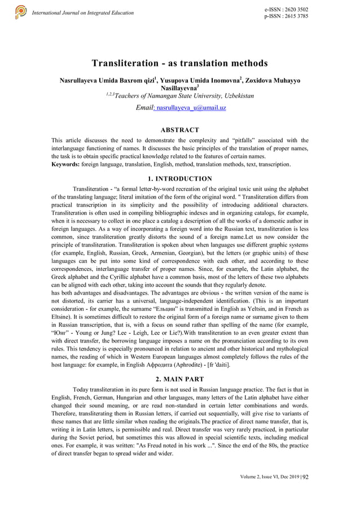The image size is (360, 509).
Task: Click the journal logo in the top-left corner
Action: click(x=20, y=11)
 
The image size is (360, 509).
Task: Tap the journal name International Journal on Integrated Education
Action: click(x=83, y=12)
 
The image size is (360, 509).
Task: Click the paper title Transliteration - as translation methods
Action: click(x=179, y=63)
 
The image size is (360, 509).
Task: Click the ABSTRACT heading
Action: click(x=179, y=130)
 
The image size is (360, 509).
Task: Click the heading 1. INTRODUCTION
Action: click(x=179, y=179)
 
